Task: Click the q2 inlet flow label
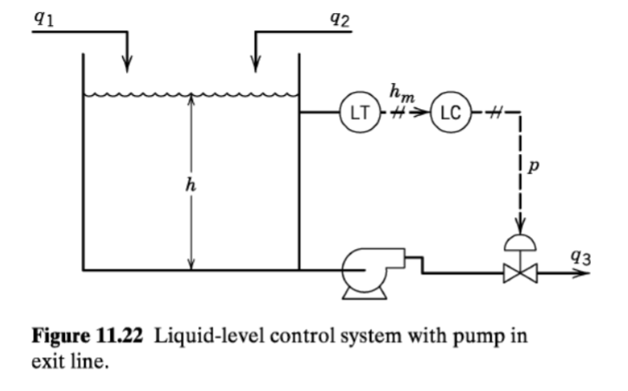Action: pos(340,17)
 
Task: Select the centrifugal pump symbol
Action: pos(363,270)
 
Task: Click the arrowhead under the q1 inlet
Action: pos(128,64)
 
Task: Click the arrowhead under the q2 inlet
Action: pos(255,64)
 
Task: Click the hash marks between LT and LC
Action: pos(399,112)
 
